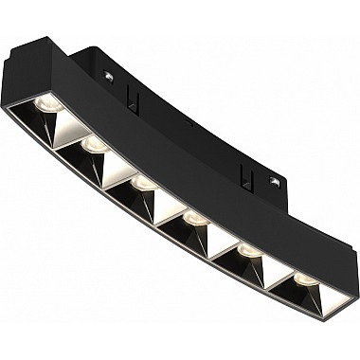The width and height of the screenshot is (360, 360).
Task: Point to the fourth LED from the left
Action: [192, 217]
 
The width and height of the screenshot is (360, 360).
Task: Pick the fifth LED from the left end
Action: [245, 249]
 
